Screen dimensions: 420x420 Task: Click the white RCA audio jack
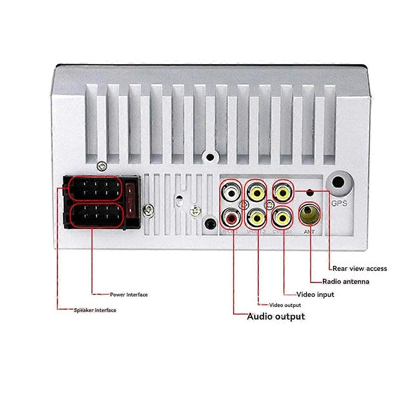coord(231,192)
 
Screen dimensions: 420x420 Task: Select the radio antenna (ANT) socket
coord(309,215)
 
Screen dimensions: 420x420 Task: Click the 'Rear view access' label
coord(359,268)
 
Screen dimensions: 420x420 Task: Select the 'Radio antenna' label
coord(345,281)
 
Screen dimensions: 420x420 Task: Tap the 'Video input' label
coord(315,294)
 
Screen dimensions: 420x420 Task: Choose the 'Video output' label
coord(285,305)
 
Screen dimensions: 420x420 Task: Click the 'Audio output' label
coord(276,317)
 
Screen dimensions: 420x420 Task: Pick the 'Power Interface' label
coord(129,295)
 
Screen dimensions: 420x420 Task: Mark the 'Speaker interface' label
coord(95,310)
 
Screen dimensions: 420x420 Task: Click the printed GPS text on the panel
coord(339,203)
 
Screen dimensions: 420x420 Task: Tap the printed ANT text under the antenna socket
coord(309,232)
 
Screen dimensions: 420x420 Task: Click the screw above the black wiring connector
coord(102,167)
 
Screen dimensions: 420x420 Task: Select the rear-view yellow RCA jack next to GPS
coord(283,191)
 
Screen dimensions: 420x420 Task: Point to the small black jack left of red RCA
coord(210,223)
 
